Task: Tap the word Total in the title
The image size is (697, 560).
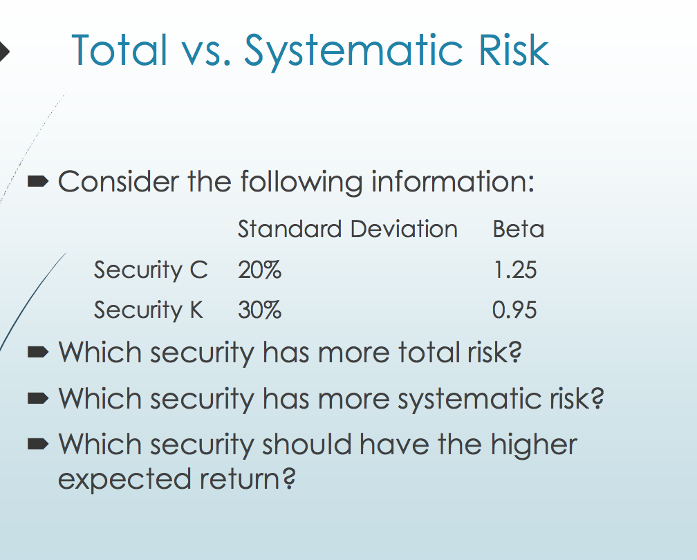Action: (119, 50)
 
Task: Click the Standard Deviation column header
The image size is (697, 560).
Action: (347, 229)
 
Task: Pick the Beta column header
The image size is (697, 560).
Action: (518, 229)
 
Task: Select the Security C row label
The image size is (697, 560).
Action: (150, 270)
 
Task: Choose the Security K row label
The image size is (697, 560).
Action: (149, 310)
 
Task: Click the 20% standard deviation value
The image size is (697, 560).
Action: (259, 270)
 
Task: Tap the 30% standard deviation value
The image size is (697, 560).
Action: (259, 310)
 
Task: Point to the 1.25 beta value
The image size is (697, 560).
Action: (514, 270)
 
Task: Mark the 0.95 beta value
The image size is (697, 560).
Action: (514, 310)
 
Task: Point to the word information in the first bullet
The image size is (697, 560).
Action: (453, 183)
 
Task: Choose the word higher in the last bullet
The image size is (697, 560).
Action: (534, 445)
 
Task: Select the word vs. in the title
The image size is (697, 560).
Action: (204, 50)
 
